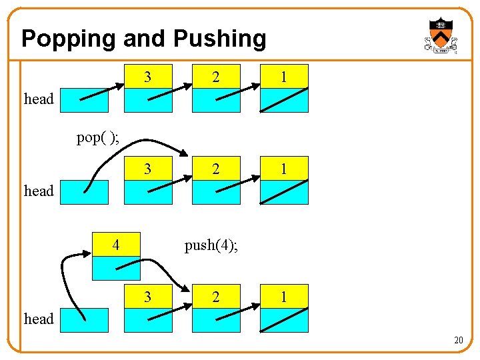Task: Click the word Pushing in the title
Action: click(x=220, y=39)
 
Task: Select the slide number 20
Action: click(x=458, y=341)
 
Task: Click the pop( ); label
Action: click(x=98, y=138)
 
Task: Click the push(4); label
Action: click(x=211, y=245)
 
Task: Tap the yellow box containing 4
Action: click(x=116, y=245)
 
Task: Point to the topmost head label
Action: click(x=39, y=99)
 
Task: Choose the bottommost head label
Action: click(x=39, y=319)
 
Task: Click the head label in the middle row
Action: click(x=39, y=191)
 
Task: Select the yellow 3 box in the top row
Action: click(x=148, y=77)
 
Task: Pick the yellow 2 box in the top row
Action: click(x=215, y=77)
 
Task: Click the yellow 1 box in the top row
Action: click(x=283, y=77)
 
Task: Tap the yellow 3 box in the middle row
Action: click(x=148, y=169)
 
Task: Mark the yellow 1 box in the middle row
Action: click(x=283, y=169)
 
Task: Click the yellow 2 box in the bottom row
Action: click(x=215, y=297)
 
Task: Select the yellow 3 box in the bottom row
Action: click(x=148, y=297)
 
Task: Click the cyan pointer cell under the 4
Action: click(x=116, y=268)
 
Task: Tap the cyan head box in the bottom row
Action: click(x=84, y=320)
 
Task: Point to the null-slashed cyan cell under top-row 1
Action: click(x=283, y=100)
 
